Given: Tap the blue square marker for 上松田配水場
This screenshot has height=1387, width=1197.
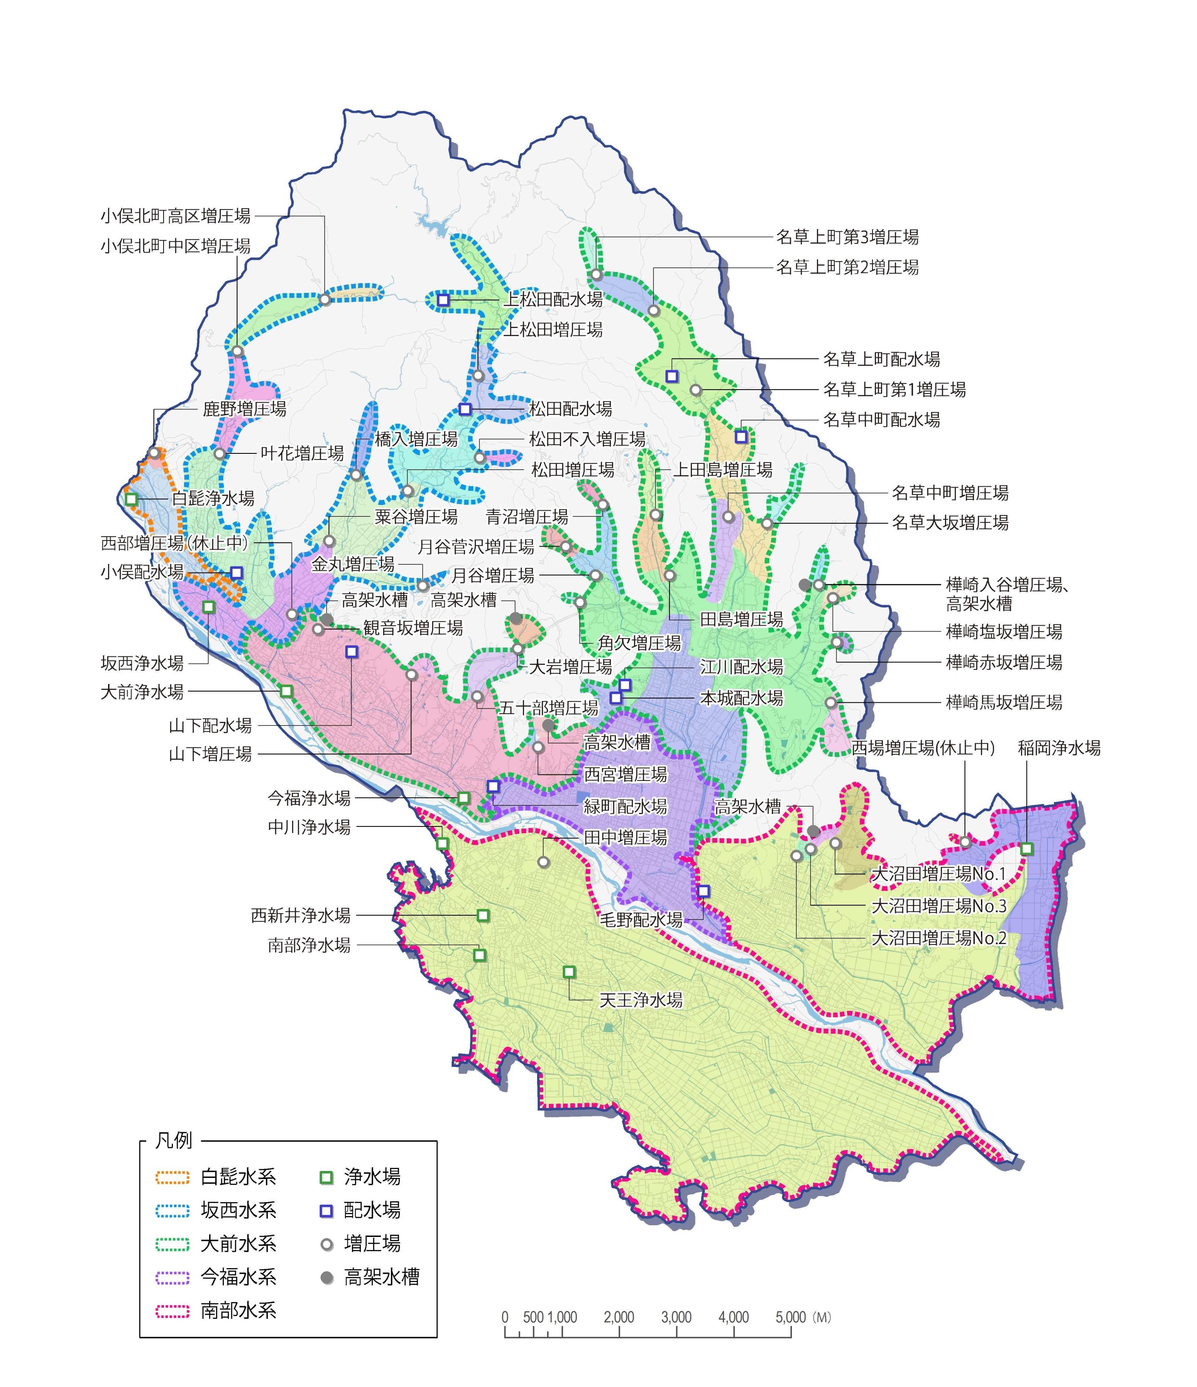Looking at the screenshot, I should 443,300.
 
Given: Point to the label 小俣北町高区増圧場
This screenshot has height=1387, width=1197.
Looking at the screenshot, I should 175,216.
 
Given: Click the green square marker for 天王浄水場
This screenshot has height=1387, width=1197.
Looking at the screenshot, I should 569,972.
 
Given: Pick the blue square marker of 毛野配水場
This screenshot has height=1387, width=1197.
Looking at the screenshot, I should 703,891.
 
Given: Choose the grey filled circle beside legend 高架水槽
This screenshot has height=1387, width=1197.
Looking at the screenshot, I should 327,1278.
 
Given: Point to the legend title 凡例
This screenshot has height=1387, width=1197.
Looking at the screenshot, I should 174,1141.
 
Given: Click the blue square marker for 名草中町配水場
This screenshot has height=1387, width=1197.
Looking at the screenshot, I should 741,436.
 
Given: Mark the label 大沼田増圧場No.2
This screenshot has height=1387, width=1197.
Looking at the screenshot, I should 938,938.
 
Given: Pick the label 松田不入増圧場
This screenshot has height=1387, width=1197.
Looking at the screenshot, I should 587,439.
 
